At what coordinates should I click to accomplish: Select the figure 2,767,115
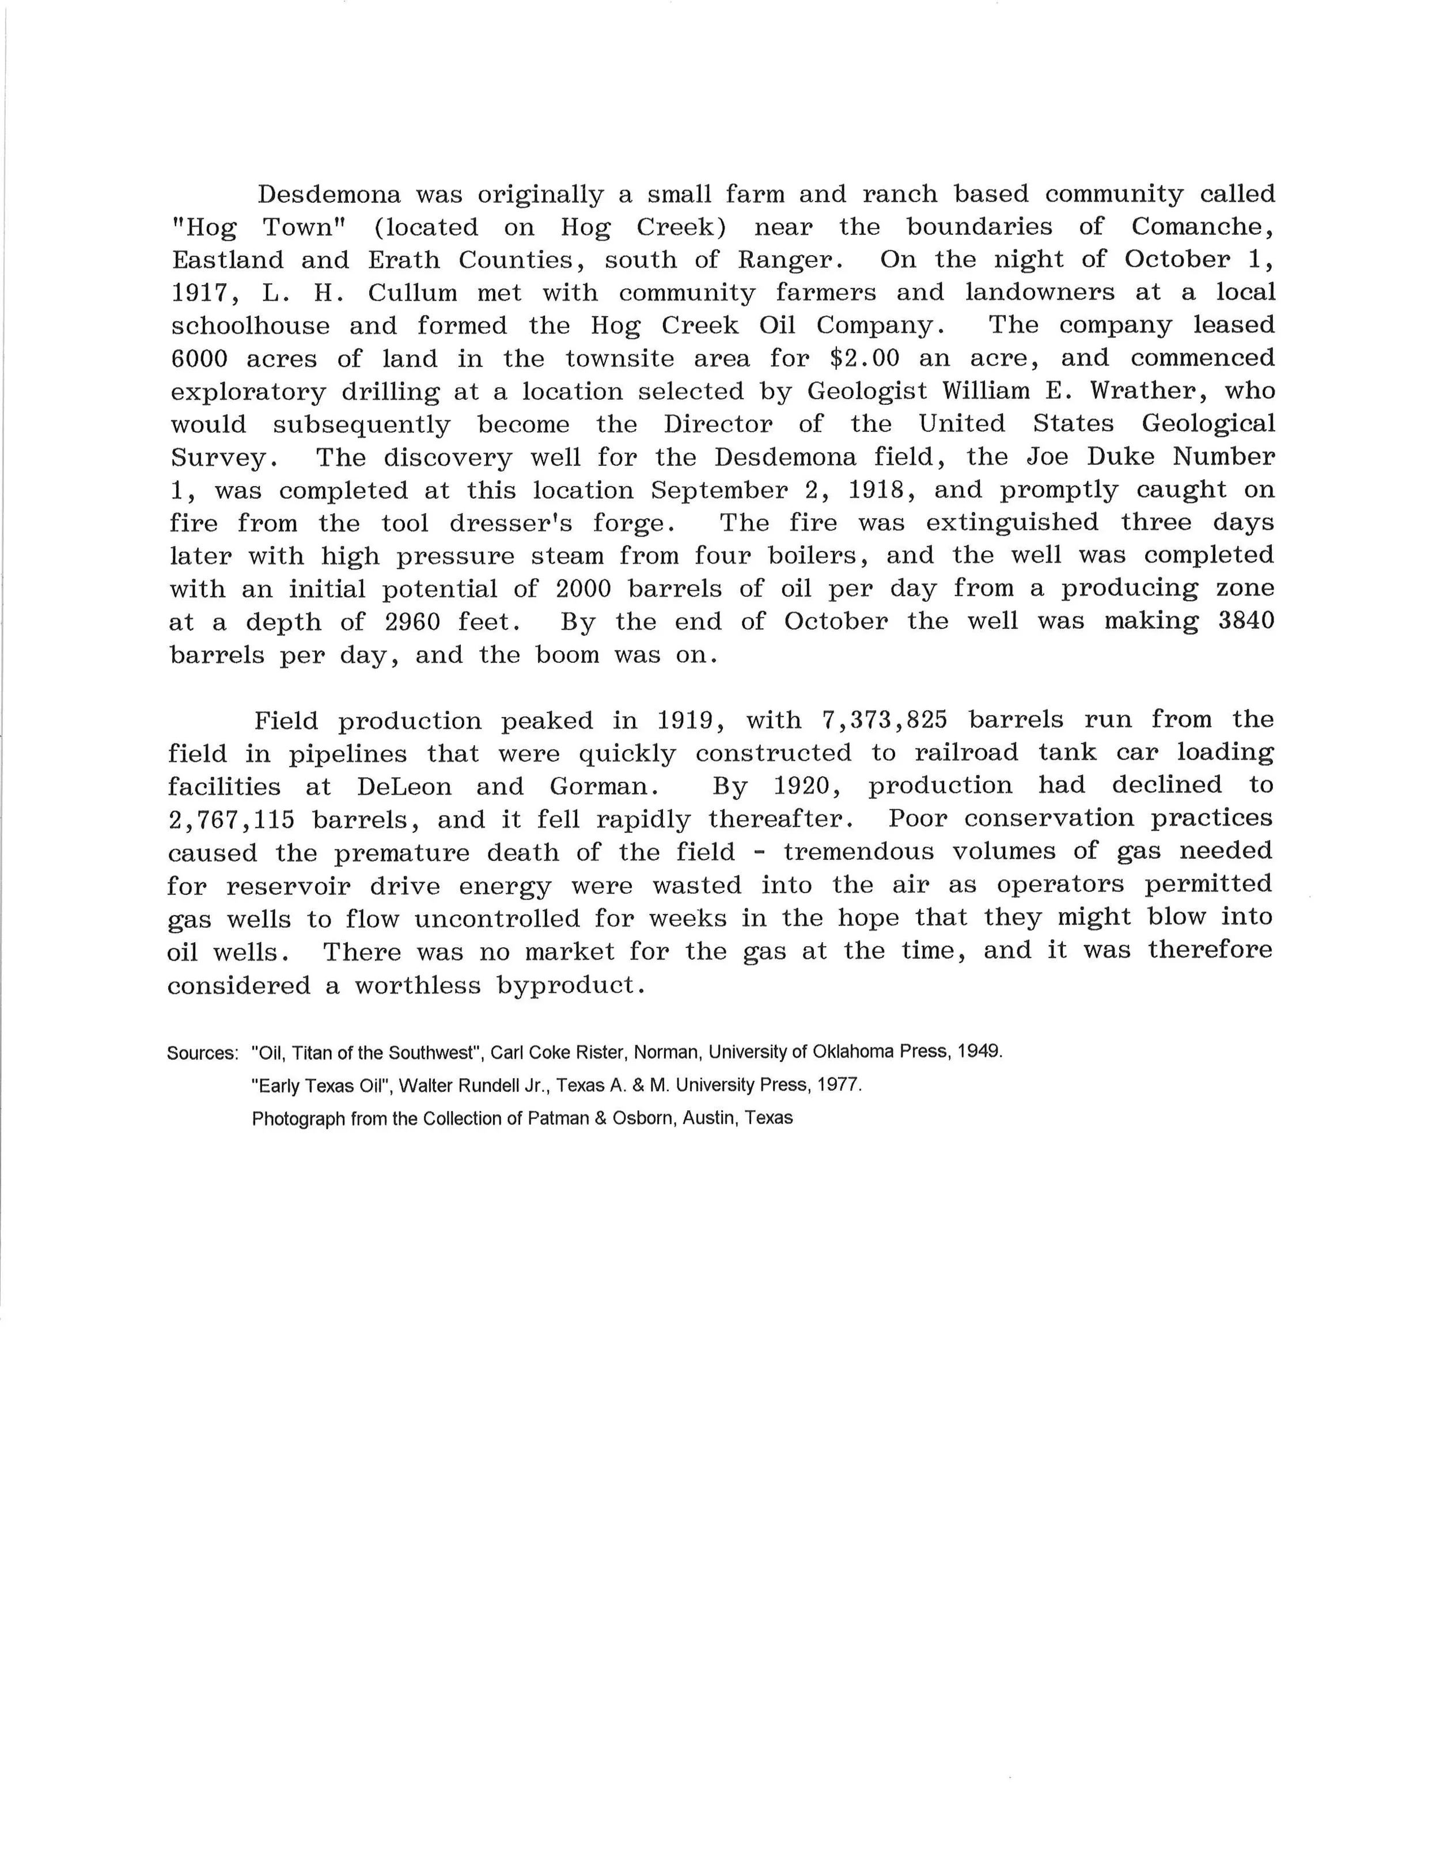click(230, 819)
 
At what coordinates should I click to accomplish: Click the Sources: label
click(202, 1053)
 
